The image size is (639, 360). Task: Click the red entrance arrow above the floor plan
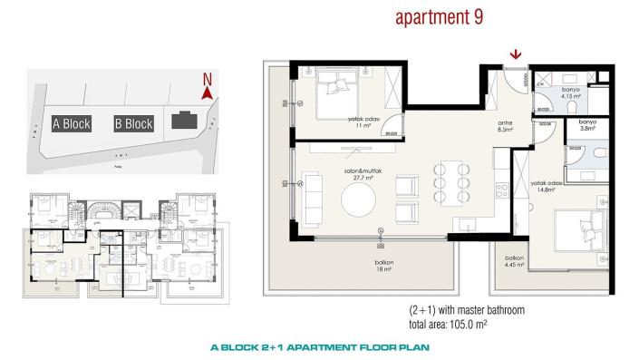516,55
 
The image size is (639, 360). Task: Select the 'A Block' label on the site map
71,124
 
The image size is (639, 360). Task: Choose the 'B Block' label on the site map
133,124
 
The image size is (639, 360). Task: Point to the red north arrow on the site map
207,93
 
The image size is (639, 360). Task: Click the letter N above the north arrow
207,79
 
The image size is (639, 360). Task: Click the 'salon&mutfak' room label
345,172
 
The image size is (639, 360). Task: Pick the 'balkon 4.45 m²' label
515,260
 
